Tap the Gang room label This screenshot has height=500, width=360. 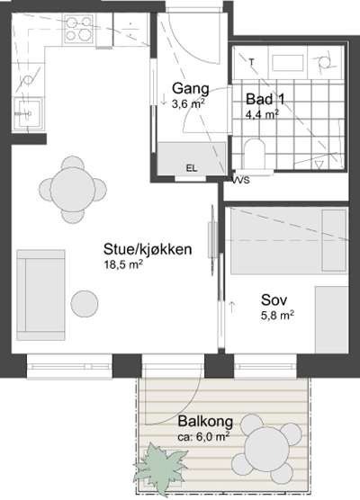tap(190, 89)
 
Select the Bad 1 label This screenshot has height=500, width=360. tap(263, 99)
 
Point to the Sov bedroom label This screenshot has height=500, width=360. tap(273, 299)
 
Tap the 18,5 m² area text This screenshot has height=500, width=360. tap(122, 265)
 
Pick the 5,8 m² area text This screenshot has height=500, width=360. tap(277, 315)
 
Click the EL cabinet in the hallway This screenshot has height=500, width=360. tap(191, 166)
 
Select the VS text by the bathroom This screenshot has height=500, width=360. tap(240, 180)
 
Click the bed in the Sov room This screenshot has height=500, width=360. tap(285, 240)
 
